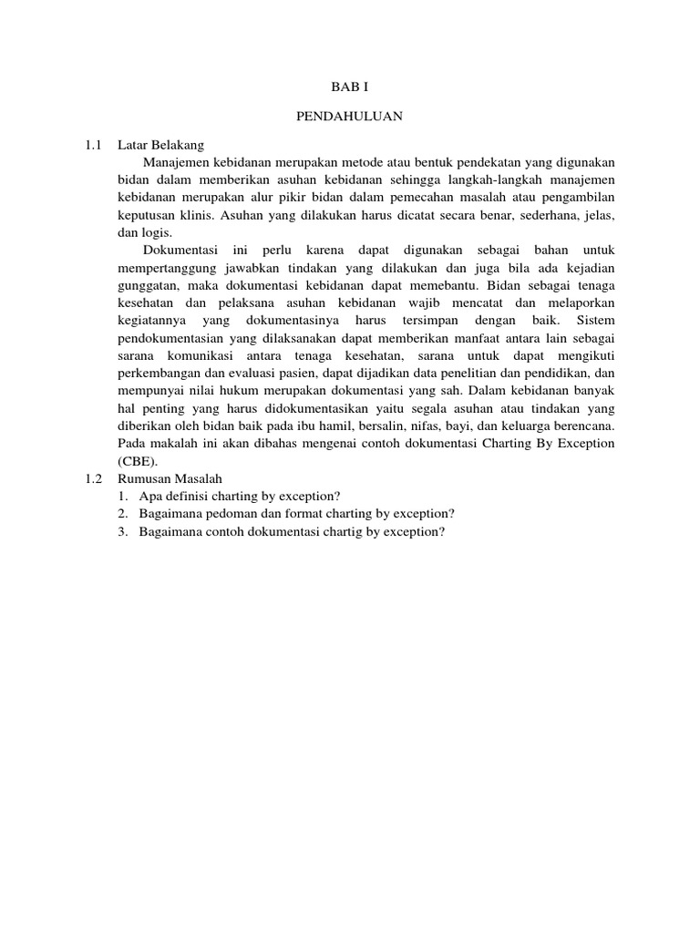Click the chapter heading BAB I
point(349,87)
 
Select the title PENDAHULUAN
point(349,116)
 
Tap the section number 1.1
point(93,145)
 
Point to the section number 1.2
point(93,478)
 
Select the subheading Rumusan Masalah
point(170,478)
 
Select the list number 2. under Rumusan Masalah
point(123,514)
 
